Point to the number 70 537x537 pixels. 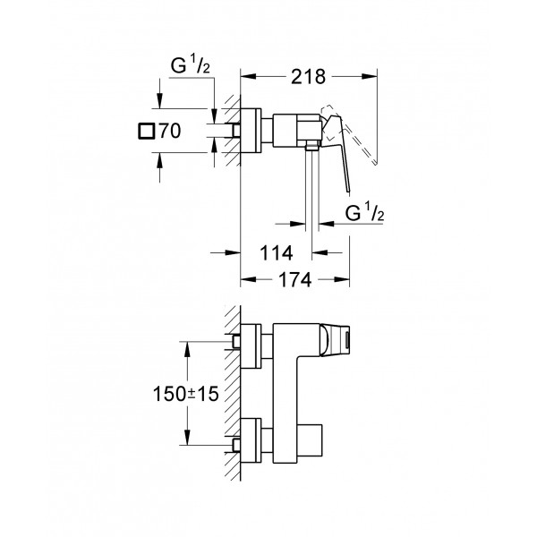point(169,132)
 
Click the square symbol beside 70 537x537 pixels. point(147,132)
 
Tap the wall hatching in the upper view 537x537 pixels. point(231,130)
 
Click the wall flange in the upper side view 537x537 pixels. point(258,130)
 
